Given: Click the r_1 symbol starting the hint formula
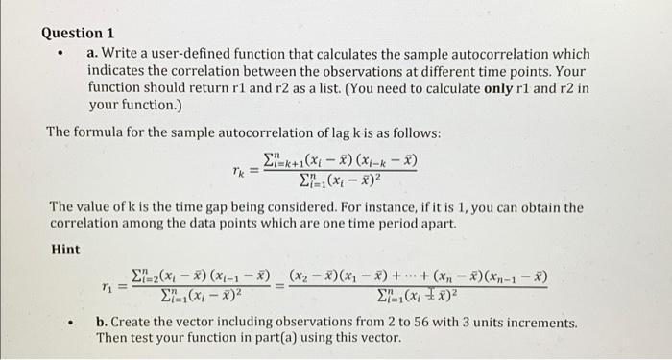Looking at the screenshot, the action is [111, 284].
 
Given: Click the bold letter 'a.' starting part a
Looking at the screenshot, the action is [93, 54].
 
